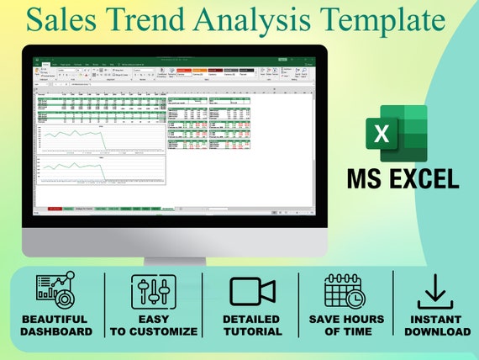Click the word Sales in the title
[78, 19]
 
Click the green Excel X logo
[396, 133]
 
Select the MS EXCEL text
[403, 177]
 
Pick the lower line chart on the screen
[101, 169]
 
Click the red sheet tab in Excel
[55, 208]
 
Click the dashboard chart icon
[55, 291]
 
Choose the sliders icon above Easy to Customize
[153, 291]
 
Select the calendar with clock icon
[345, 291]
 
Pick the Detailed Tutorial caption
[251, 326]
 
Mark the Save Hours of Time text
[345, 326]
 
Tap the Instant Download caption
[436, 326]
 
